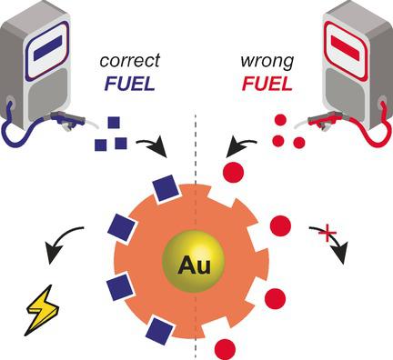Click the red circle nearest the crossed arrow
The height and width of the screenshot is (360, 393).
click(281, 225)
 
